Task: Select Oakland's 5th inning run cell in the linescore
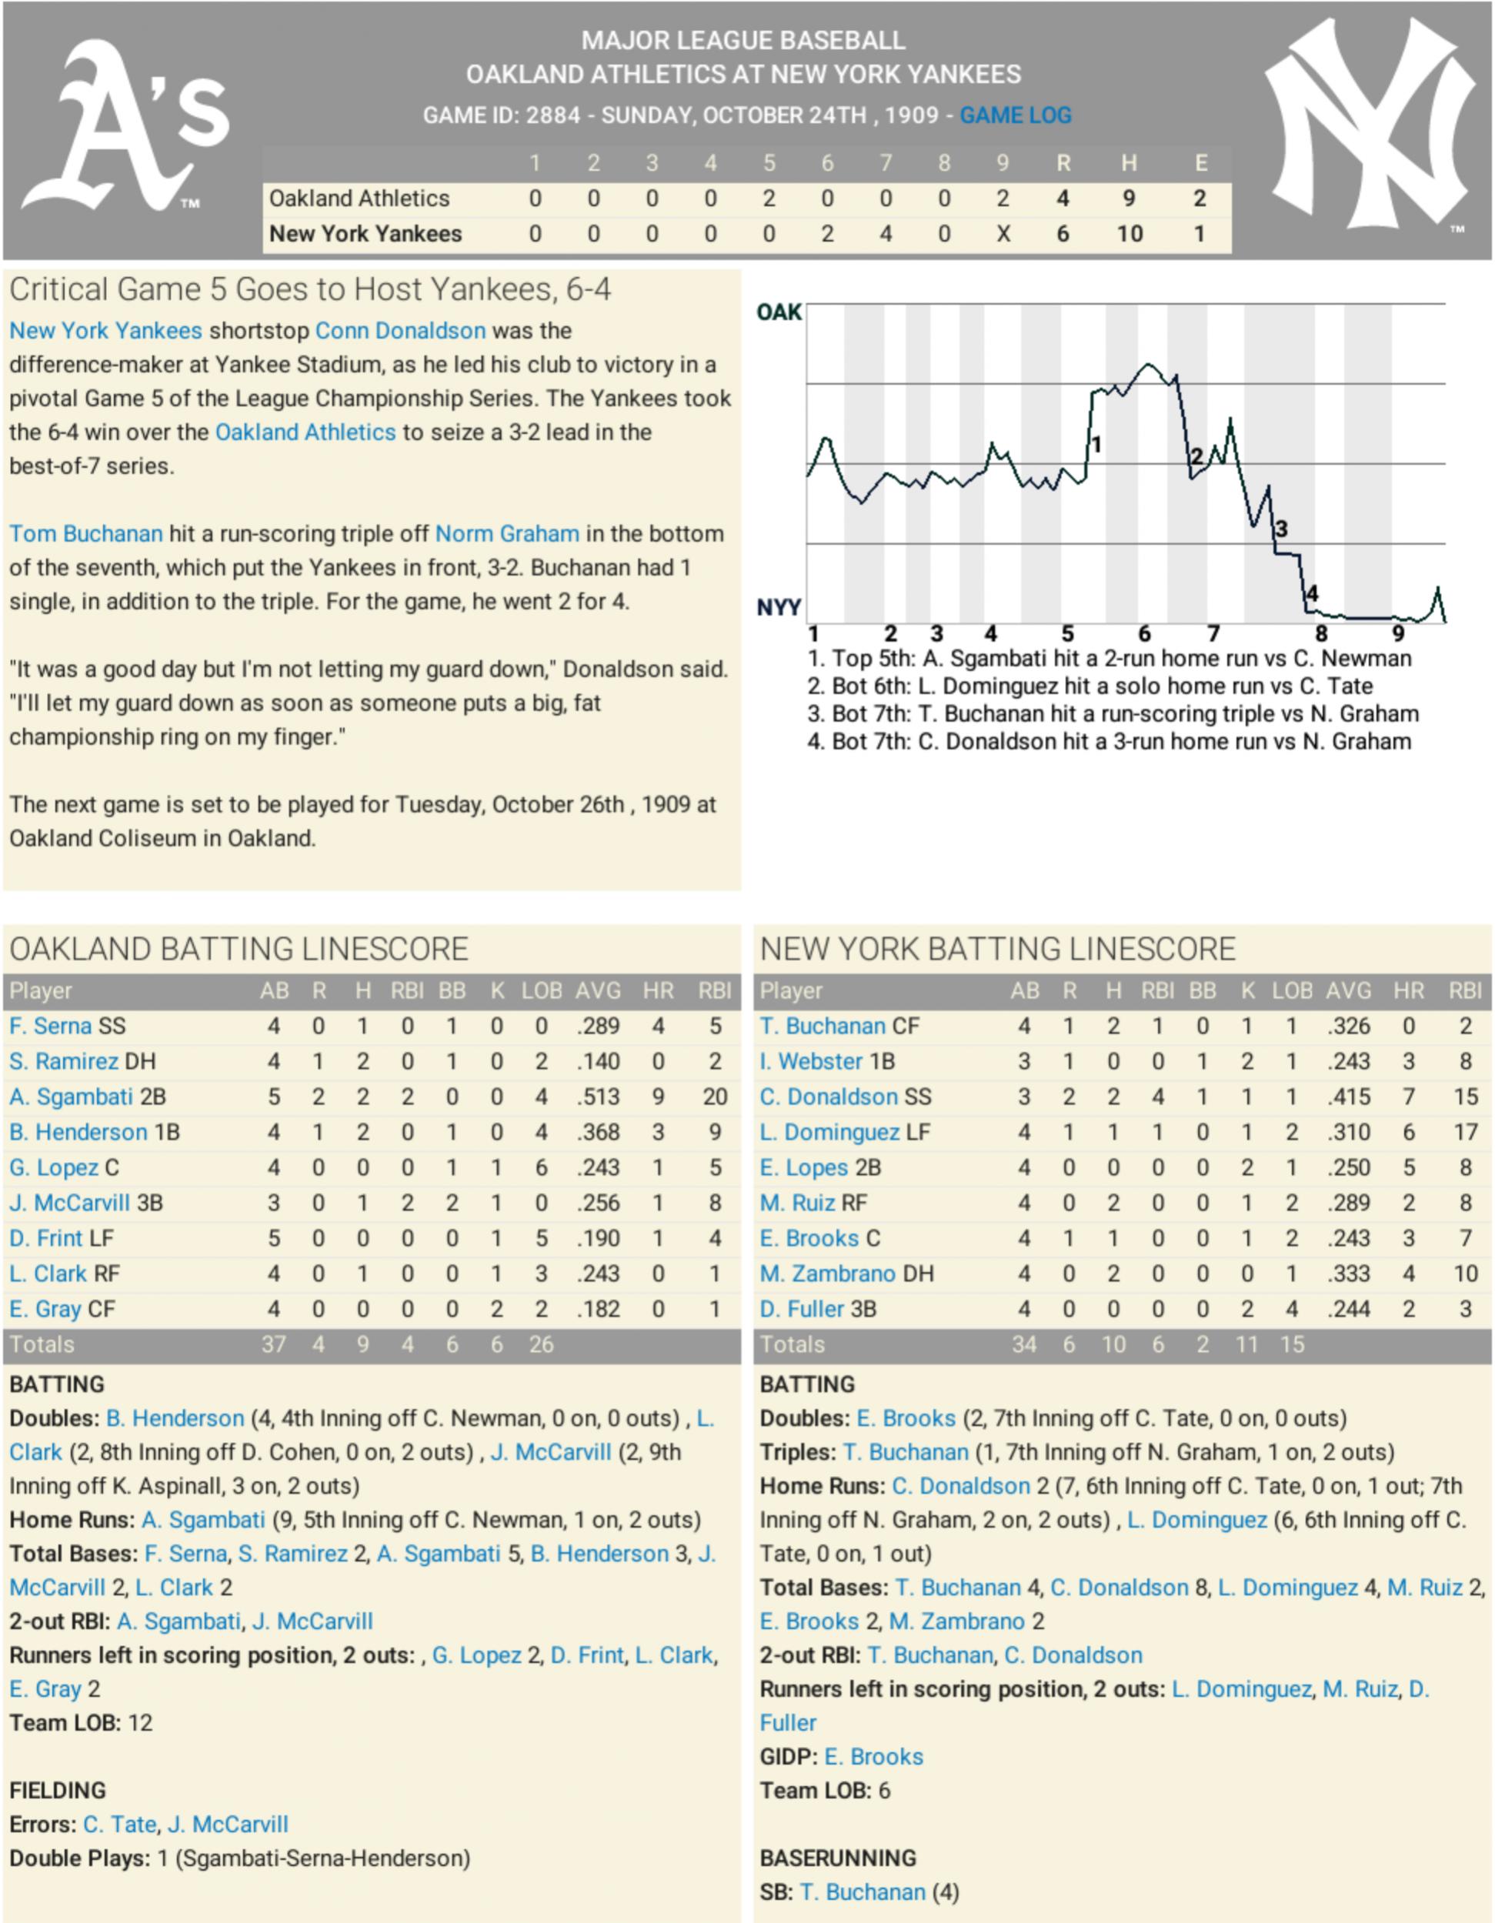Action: pos(769,199)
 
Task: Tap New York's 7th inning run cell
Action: pos(885,234)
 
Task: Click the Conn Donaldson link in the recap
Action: pos(401,331)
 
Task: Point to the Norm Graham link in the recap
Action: pos(507,535)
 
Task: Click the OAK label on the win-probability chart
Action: pos(779,312)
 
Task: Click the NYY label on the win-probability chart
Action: pos(779,608)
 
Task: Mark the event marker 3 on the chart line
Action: pos(1281,529)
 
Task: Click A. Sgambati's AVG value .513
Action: pos(598,1097)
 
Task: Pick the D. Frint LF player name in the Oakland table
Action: pos(62,1239)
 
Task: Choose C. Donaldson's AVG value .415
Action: pos(1349,1097)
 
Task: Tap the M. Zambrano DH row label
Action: pos(846,1274)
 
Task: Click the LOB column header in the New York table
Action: pos(1292,991)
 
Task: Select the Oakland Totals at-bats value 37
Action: pos(274,1345)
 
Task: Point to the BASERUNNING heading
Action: pos(837,1858)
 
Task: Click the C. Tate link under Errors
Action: pos(120,1825)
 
